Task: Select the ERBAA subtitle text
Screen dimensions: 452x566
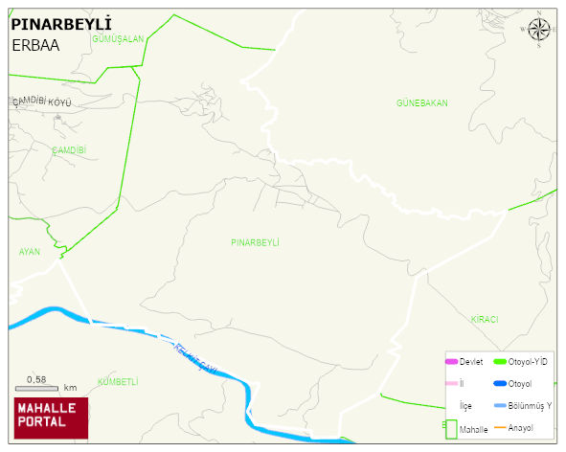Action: click(37, 44)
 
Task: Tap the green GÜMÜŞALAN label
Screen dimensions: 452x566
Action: click(117, 39)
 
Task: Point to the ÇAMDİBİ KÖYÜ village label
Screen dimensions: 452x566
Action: click(41, 102)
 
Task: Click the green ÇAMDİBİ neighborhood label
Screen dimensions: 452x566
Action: click(69, 149)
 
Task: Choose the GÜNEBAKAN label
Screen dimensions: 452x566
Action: click(421, 102)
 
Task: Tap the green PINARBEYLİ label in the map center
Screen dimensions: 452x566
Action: click(255, 242)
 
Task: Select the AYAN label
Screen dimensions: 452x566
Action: click(29, 251)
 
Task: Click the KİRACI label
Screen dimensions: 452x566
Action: click(484, 319)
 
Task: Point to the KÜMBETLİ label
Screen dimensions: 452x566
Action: click(118, 381)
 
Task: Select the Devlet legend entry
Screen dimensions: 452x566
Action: click(464, 361)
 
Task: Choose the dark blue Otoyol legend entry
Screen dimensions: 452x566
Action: click(512, 384)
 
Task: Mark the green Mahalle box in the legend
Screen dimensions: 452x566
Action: click(450, 429)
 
